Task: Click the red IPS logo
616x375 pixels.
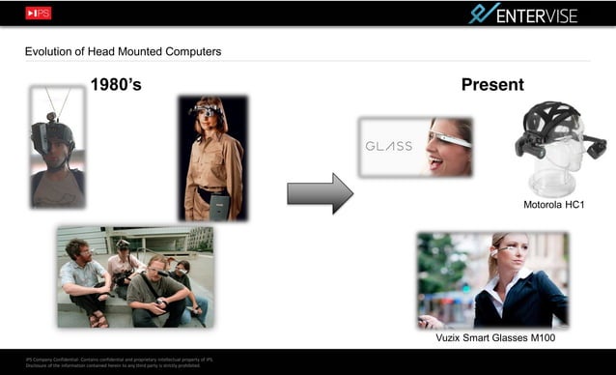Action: click(x=40, y=14)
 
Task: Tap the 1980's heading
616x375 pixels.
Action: click(x=116, y=85)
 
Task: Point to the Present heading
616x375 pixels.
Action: click(x=492, y=85)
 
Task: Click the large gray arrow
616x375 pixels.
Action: click(x=320, y=192)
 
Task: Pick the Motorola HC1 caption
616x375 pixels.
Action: click(x=554, y=205)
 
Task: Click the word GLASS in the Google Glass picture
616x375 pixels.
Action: click(x=389, y=147)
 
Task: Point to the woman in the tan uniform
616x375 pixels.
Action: click(x=213, y=159)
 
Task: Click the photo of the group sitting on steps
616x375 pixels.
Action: click(x=134, y=276)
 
